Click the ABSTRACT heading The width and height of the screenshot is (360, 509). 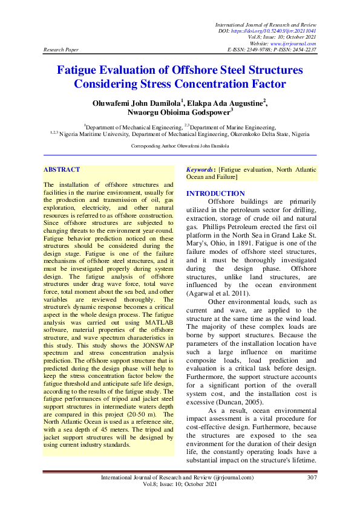click(62, 170)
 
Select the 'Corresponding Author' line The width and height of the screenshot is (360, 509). click(180, 146)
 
